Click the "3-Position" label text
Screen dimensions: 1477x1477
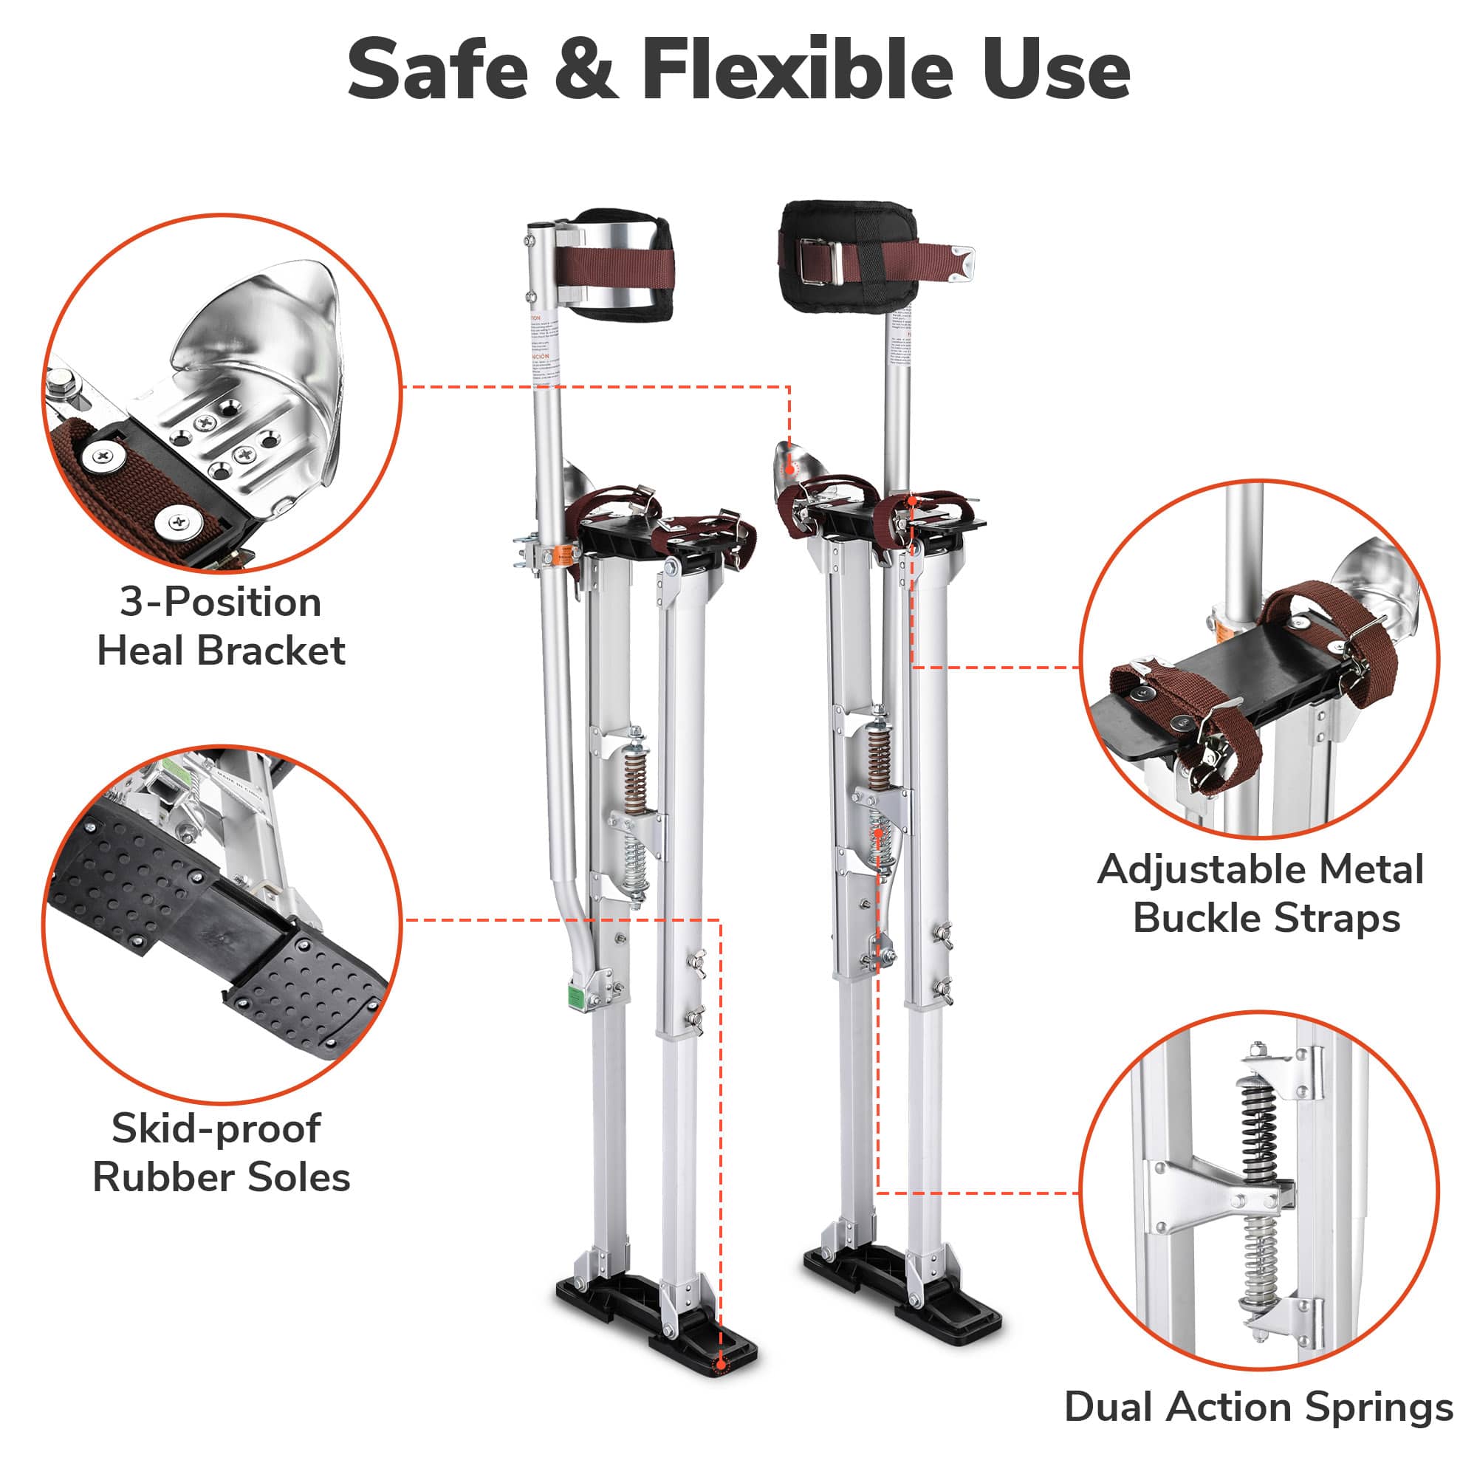pos(220,603)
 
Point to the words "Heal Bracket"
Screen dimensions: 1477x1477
pos(221,651)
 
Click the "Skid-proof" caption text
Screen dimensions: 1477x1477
pos(216,1128)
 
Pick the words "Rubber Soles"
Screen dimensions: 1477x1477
pos(221,1177)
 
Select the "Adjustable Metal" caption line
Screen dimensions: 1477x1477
pos(1260,869)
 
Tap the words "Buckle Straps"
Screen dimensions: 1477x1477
pos(1266,918)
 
